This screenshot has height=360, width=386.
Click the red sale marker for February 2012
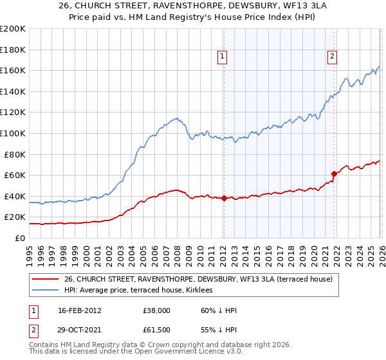pos(223,198)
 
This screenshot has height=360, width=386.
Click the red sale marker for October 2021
pos(334,174)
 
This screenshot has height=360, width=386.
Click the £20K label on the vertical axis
pos(15,217)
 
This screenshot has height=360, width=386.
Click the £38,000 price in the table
pos(157,310)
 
